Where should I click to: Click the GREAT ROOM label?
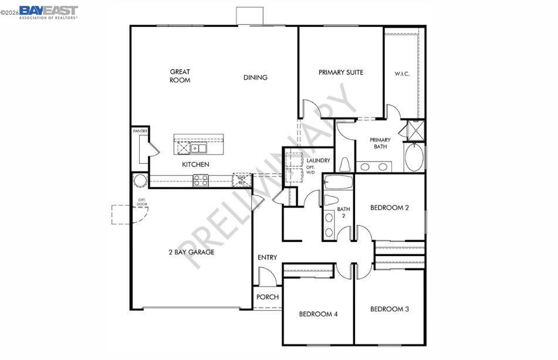[x=180, y=76]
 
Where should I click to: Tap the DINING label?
[x=255, y=78]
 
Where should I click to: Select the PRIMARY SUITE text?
[x=341, y=72]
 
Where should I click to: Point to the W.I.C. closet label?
[x=402, y=74]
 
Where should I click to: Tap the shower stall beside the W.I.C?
[x=415, y=130]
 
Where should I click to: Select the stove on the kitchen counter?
[x=201, y=180]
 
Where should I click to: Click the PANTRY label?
[x=140, y=131]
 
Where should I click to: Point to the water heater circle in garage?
[x=141, y=180]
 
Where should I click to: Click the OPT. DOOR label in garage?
[x=142, y=203]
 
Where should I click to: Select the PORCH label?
[x=267, y=297]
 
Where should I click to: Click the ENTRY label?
[x=267, y=257]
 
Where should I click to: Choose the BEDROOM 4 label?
[x=318, y=314]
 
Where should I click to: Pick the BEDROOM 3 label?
[x=389, y=309]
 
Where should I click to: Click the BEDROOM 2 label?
[x=389, y=207]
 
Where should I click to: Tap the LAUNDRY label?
[x=319, y=160]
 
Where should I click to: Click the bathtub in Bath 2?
[x=339, y=182]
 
